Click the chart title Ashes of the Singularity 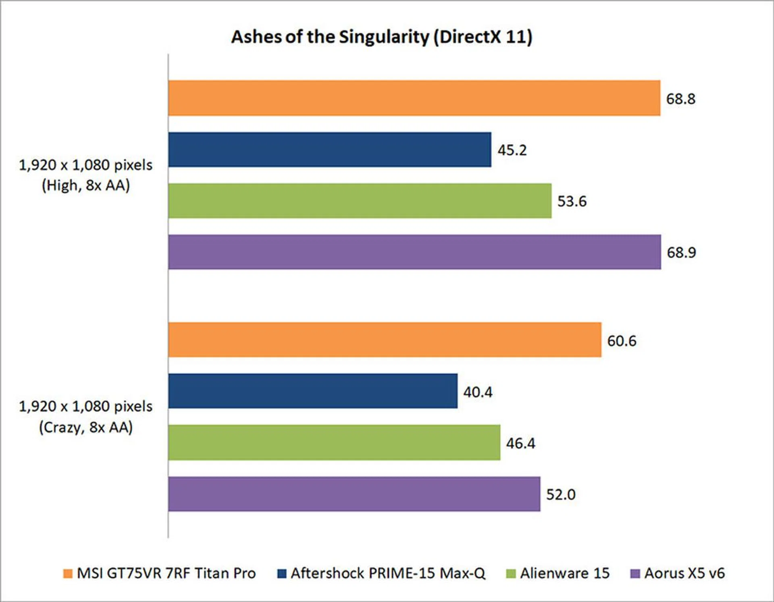pos(381,37)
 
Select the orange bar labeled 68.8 pos(414,98)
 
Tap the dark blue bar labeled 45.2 pos(329,150)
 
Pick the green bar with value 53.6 pos(360,201)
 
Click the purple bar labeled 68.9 pos(414,252)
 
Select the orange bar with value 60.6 pos(385,340)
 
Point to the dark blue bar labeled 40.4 pos(313,391)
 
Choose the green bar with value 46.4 pos(334,442)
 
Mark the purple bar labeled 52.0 pos(354,494)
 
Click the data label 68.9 pos(681,252)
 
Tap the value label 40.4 pos(478,392)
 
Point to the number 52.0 pos(561,494)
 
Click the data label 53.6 pos(572,201)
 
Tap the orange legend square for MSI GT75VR pos(68,573)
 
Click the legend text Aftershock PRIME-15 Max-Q pos(388,573)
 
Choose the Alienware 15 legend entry pos(564,573)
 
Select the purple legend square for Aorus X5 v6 pos(635,573)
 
